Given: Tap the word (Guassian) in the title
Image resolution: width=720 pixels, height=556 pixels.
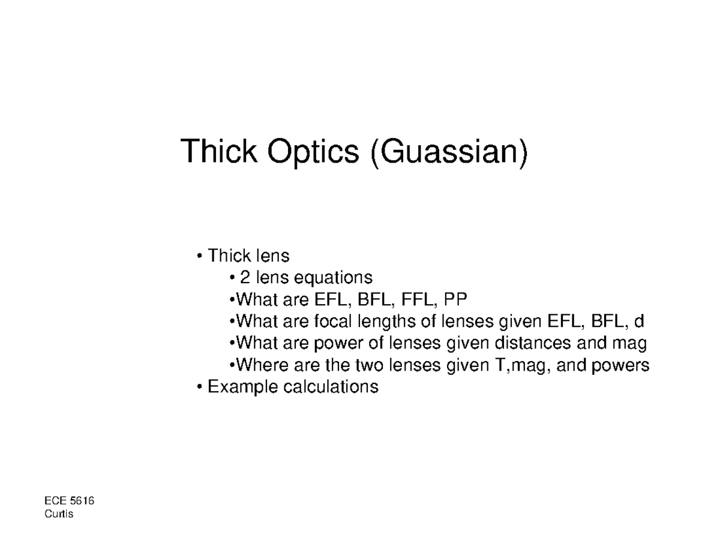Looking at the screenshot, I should point(448,152).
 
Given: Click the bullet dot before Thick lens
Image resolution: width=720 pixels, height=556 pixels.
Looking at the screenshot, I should point(199,257).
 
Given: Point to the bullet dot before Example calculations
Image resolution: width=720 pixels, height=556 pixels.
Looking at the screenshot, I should point(199,387).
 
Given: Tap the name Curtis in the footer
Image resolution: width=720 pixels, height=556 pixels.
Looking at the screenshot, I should point(59,514).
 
